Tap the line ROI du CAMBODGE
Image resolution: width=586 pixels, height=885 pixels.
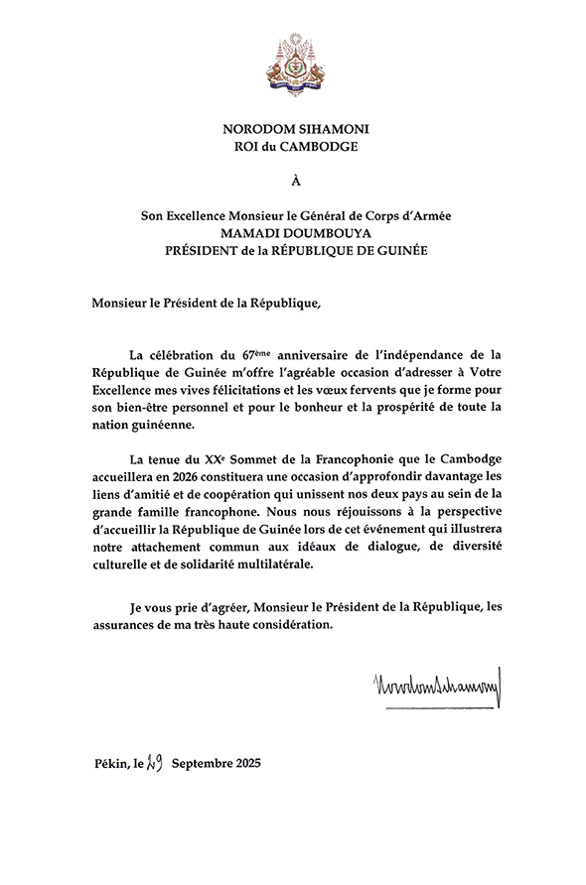[293, 150]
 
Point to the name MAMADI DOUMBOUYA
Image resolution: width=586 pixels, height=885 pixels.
[293, 234]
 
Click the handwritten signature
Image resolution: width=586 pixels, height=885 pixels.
[436, 684]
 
